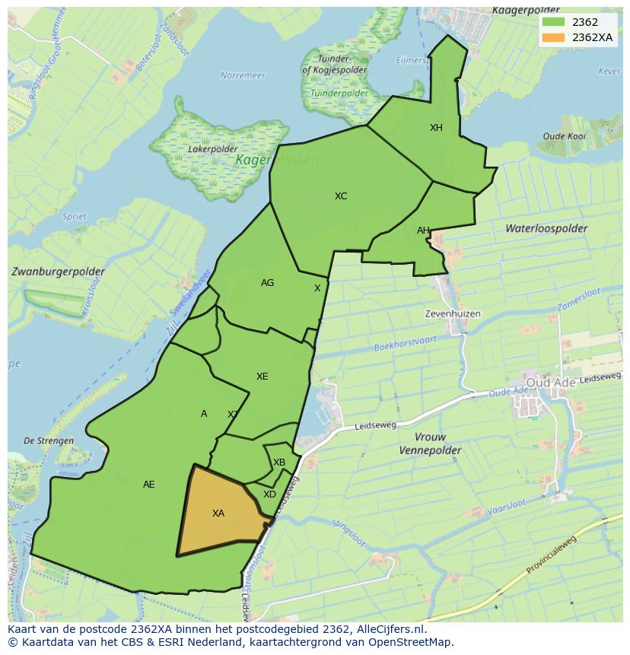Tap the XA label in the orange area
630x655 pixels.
click(218, 514)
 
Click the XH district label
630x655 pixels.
click(436, 128)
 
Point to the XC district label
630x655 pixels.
click(341, 196)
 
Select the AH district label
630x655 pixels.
click(423, 231)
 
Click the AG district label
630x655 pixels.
click(267, 283)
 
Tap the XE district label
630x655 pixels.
click(262, 377)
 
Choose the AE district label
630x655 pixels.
click(149, 485)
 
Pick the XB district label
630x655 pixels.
click(279, 463)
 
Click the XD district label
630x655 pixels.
click(269, 494)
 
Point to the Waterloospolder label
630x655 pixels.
click(546, 228)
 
